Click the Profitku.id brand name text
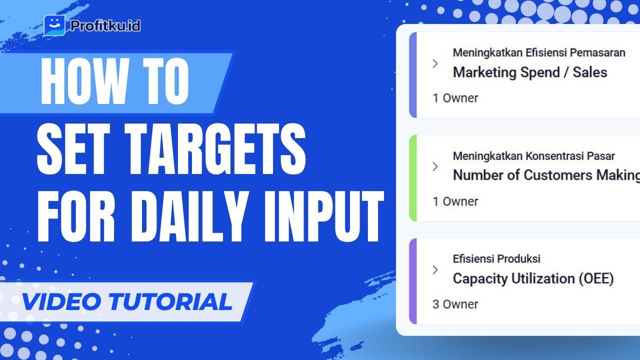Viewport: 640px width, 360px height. click(x=105, y=25)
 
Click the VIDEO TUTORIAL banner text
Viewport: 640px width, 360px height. click(x=127, y=301)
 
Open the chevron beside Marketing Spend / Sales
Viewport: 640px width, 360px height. click(x=435, y=63)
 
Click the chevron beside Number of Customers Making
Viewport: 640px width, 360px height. click(x=435, y=166)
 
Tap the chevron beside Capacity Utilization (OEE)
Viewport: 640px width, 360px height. click(x=435, y=270)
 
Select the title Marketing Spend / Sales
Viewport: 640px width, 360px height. click(x=529, y=72)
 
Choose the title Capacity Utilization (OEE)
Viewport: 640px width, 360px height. click(x=533, y=278)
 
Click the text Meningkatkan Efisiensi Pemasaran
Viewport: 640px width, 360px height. click(x=539, y=53)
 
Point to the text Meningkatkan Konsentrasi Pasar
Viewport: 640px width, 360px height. click(x=533, y=156)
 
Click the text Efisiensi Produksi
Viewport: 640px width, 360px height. click(x=496, y=259)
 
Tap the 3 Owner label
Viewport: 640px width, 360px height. click(x=455, y=304)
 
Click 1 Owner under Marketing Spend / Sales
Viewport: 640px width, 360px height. click(x=455, y=98)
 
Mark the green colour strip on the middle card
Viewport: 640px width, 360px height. click(x=412, y=178)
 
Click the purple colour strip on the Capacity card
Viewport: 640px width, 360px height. click(x=412, y=281)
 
